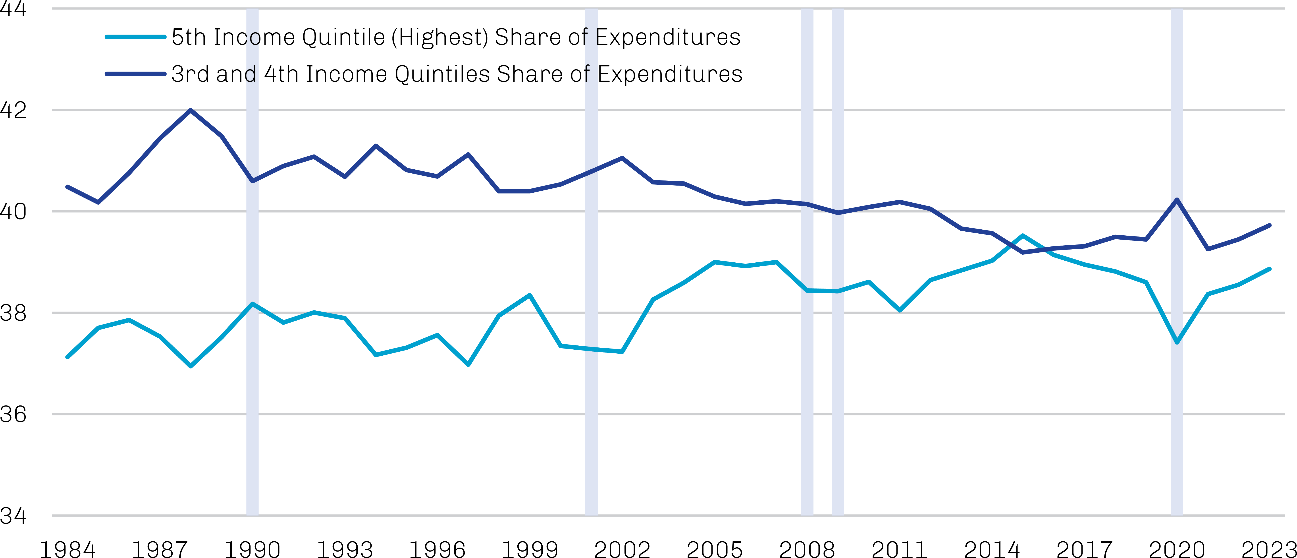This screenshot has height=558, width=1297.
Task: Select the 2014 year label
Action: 992,549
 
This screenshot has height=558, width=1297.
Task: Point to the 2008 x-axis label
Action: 807,549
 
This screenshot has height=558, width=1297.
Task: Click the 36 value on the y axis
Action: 13,414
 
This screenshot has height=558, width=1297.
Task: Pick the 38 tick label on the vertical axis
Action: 13,313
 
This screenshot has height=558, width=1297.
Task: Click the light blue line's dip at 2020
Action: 1177,343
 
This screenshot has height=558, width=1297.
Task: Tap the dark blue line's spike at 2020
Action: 1177,200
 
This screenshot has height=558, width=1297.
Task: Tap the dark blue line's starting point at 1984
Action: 67,187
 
